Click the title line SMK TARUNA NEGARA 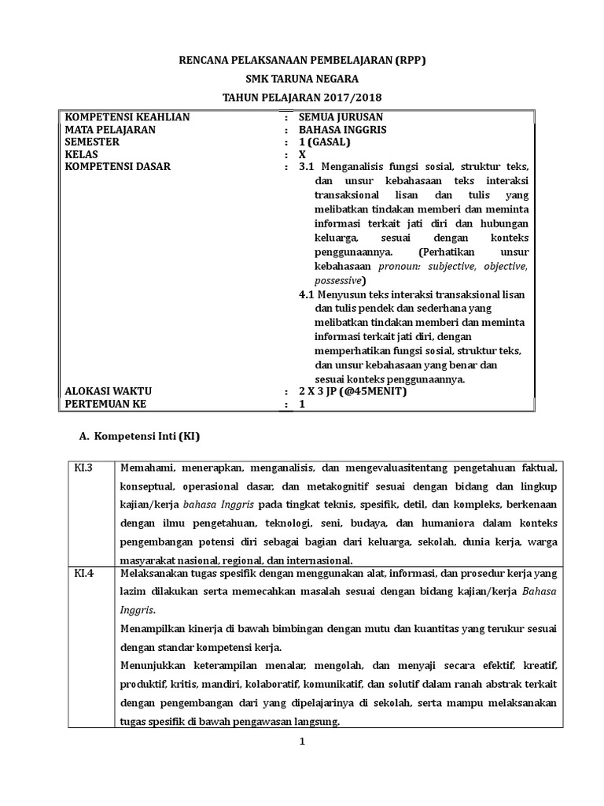click(302, 79)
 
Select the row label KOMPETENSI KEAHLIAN click(127, 117)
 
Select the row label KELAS click(82, 155)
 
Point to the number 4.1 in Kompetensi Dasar click(307, 294)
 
